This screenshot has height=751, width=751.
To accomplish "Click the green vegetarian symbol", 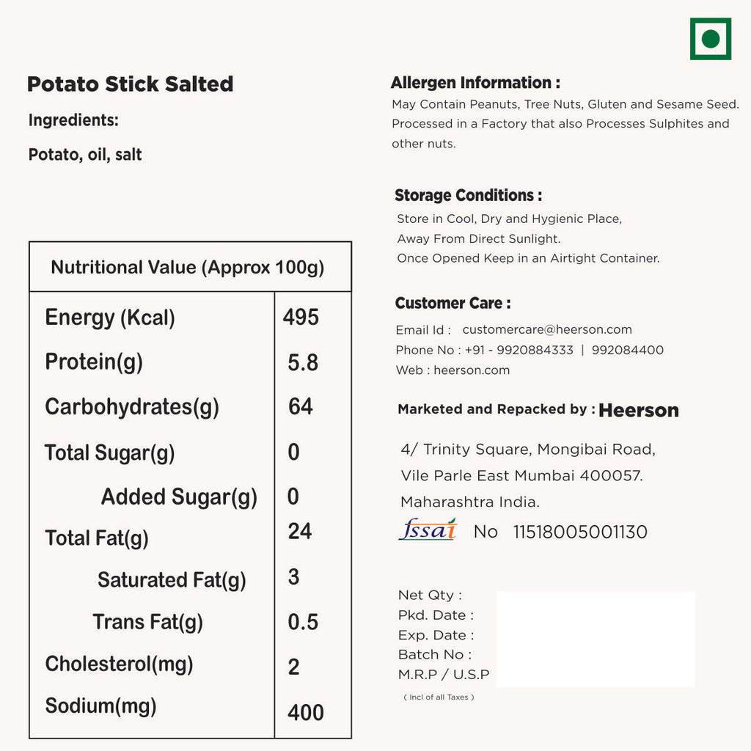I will pyautogui.click(x=710, y=39).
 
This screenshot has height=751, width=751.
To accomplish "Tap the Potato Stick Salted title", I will pyautogui.click(x=130, y=84).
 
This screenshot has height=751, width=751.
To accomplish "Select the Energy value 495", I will pyautogui.click(x=301, y=317).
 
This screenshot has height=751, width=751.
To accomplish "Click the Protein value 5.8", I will pyautogui.click(x=303, y=362).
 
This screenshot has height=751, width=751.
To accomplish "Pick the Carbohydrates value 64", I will pyautogui.click(x=301, y=406).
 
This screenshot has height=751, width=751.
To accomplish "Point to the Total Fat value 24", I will pyautogui.click(x=300, y=531).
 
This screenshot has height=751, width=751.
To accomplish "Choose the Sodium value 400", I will pyautogui.click(x=306, y=712).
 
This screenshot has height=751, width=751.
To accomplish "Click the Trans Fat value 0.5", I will pyautogui.click(x=303, y=622).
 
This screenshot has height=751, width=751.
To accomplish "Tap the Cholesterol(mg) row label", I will pyautogui.click(x=119, y=664).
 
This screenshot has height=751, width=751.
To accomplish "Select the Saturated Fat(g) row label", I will pyautogui.click(x=172, y=580).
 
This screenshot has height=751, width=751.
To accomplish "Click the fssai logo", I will pyautogui.click(x=428, y=530).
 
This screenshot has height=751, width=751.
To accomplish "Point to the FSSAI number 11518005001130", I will pyautogui.click(x=580, y=532).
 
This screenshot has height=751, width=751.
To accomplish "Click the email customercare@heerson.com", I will pyautogui.click(x=547, y=330).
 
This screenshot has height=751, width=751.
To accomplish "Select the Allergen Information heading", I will pyautogui.click(x=475, y=83).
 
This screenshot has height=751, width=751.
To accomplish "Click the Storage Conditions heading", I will pyautogui.click(x=468, y=196).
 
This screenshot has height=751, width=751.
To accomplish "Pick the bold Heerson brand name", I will pyautogui.click(x=639, y=411).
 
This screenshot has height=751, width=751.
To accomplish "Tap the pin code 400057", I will pyautogui.click(x=610, y=476).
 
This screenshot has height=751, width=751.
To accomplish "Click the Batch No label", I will pyautogui.click(x=434, y=654).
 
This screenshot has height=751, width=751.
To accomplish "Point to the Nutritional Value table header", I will pyautogui.click(x=188, y=267).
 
